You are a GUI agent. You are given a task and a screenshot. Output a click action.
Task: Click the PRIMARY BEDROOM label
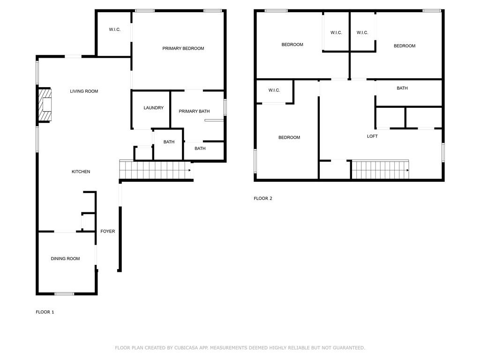[183, 48]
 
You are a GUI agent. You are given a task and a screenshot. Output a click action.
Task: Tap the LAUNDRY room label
[153, 108]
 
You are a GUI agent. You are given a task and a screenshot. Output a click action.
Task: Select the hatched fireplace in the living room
[45, 105]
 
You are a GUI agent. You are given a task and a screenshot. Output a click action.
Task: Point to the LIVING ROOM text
[84, 91]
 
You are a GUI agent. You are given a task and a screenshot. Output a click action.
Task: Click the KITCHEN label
[81, 172]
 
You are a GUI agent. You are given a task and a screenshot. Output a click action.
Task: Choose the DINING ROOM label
[65, 259]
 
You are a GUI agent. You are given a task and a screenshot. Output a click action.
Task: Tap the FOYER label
[108, 232]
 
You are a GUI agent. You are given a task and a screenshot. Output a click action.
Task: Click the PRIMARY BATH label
[194, 112]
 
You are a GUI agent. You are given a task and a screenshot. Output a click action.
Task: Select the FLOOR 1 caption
[45, 312]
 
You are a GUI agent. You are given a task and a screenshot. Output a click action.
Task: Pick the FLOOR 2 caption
[263, 198]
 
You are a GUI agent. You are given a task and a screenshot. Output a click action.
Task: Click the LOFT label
[372, 136]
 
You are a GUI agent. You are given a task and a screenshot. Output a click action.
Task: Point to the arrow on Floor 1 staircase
[190, 170]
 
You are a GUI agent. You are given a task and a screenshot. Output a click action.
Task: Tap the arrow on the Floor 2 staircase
[407, 170]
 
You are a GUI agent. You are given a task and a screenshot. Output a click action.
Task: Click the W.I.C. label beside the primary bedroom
[115, 30]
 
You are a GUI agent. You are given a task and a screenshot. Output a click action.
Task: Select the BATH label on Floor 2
[402, 88]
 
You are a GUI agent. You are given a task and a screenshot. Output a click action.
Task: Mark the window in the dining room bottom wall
[64, 294]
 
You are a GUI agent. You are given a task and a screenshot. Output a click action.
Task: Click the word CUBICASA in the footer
[186, 348]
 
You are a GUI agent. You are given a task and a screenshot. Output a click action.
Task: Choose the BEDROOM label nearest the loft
[289, 137]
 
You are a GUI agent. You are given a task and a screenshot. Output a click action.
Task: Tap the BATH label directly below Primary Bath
[200, 149]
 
